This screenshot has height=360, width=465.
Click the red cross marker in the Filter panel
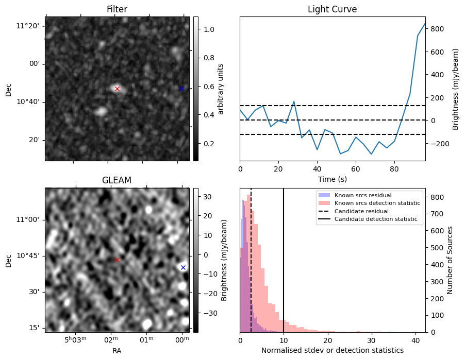117,89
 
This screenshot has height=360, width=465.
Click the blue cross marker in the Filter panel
181,89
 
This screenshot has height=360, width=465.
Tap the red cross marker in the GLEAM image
117,260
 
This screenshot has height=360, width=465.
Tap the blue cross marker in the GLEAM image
183,267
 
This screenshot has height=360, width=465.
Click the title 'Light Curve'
332,9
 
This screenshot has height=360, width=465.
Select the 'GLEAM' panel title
117,180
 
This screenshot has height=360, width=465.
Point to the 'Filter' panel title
117,9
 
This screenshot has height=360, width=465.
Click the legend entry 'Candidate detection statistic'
378,219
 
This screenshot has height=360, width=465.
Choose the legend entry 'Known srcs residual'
362,195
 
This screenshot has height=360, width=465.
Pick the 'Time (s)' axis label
332,179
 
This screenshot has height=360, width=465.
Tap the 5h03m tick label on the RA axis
74,339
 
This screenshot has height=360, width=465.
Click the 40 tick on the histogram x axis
415,339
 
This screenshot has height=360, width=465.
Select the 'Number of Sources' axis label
450,260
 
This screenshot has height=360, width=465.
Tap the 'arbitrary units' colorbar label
221,89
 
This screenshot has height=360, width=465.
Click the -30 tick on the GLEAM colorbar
207,313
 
